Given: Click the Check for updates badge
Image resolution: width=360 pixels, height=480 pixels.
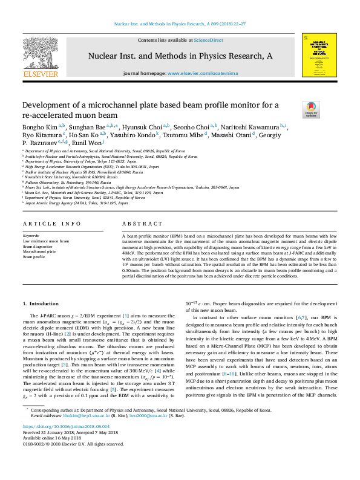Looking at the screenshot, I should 311,109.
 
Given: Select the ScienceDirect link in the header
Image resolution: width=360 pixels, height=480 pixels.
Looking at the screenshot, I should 208,40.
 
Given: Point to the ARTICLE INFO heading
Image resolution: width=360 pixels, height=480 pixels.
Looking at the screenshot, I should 52,224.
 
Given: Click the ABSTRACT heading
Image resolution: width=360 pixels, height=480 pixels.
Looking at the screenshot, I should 138,224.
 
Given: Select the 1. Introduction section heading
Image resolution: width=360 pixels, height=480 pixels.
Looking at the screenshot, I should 41,303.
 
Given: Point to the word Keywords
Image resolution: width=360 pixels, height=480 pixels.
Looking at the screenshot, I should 31,235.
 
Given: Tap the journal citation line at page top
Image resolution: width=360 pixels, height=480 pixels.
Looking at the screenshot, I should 180,24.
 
